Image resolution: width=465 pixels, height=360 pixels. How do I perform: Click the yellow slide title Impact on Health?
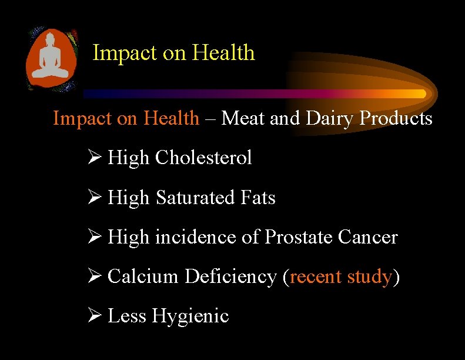(x=174, y=53)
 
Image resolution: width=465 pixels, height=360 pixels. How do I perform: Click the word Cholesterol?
(x=203, y=158)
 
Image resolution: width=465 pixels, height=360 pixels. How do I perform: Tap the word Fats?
(x=257, y=198)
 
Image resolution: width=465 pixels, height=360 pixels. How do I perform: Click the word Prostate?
(x=299, y=237)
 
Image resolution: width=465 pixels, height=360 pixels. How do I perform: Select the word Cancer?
(x=368, y=237)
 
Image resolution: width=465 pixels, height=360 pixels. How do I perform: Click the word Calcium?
(x=143, y=276)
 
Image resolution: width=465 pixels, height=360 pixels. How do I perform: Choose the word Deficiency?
(x=230, y=276)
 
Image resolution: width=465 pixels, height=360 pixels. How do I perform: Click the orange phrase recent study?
(x=341, y=276)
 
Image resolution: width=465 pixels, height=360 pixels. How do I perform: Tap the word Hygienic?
(x=190, y=316)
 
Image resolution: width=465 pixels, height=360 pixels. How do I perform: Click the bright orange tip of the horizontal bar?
(x=419, y=94)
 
